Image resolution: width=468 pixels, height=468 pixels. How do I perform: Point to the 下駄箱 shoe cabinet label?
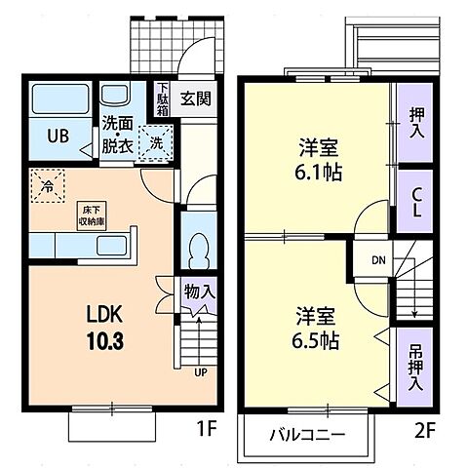point(163,98)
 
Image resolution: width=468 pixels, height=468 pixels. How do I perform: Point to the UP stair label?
point(201,372)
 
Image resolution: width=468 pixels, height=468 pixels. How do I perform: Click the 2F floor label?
point(418,425)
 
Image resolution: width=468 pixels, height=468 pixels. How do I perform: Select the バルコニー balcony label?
point(306,437)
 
